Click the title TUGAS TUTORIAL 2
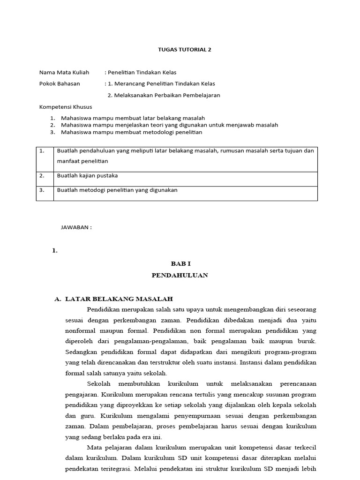(x=180, y=49)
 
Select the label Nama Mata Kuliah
(x=64, y=72)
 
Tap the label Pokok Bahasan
(x=60, y=83)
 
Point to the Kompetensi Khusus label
(x=66, y=107)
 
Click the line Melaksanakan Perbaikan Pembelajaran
(x=164, y=95)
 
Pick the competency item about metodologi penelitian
(x=131, y=132)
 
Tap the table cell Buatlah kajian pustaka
(x=87, y=175)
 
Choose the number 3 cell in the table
(x=42, y=190)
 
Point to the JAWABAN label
(x=76, y=227)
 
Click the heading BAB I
(x=180, y=264)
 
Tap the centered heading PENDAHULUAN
(x=180, y=275)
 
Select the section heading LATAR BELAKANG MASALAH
(x=119, y=299)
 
